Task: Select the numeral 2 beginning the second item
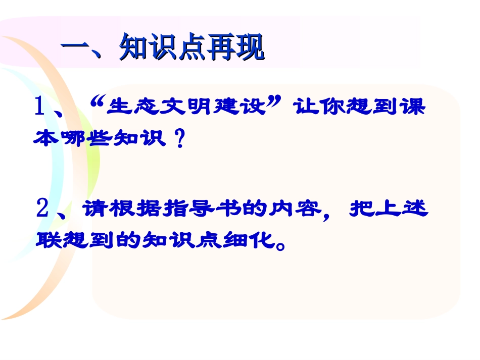point(43,208)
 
